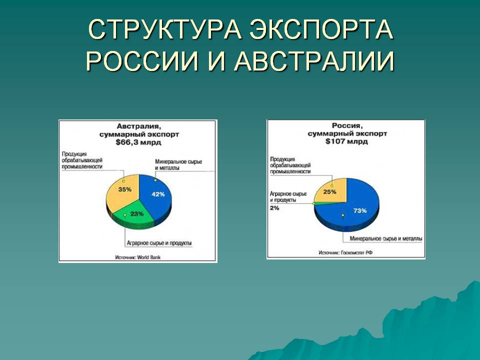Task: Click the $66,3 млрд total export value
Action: coord(137,142)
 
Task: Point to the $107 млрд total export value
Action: coord(346,141)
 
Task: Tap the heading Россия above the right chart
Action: coord(346,126)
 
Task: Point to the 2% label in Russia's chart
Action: coord(274,208)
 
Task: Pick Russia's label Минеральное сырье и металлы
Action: coord(385,238)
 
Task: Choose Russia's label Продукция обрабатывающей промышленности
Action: coord(290,164)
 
